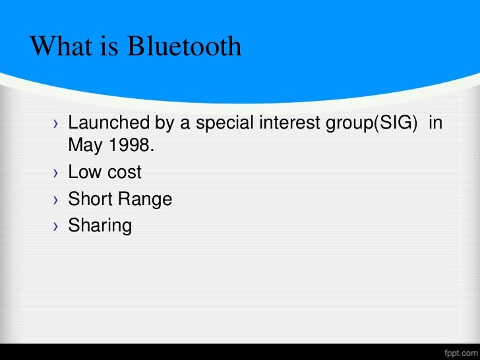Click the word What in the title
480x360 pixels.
pos(60,46)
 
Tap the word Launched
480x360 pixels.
pos(108,123)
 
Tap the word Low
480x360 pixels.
pos(84,173)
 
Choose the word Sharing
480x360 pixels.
pos(100,226)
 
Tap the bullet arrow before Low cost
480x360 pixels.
pos(56,174)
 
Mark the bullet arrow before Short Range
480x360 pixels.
pos(56,200)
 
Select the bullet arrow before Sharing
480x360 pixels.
pos(56,227)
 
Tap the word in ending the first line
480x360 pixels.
pos(435,123)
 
